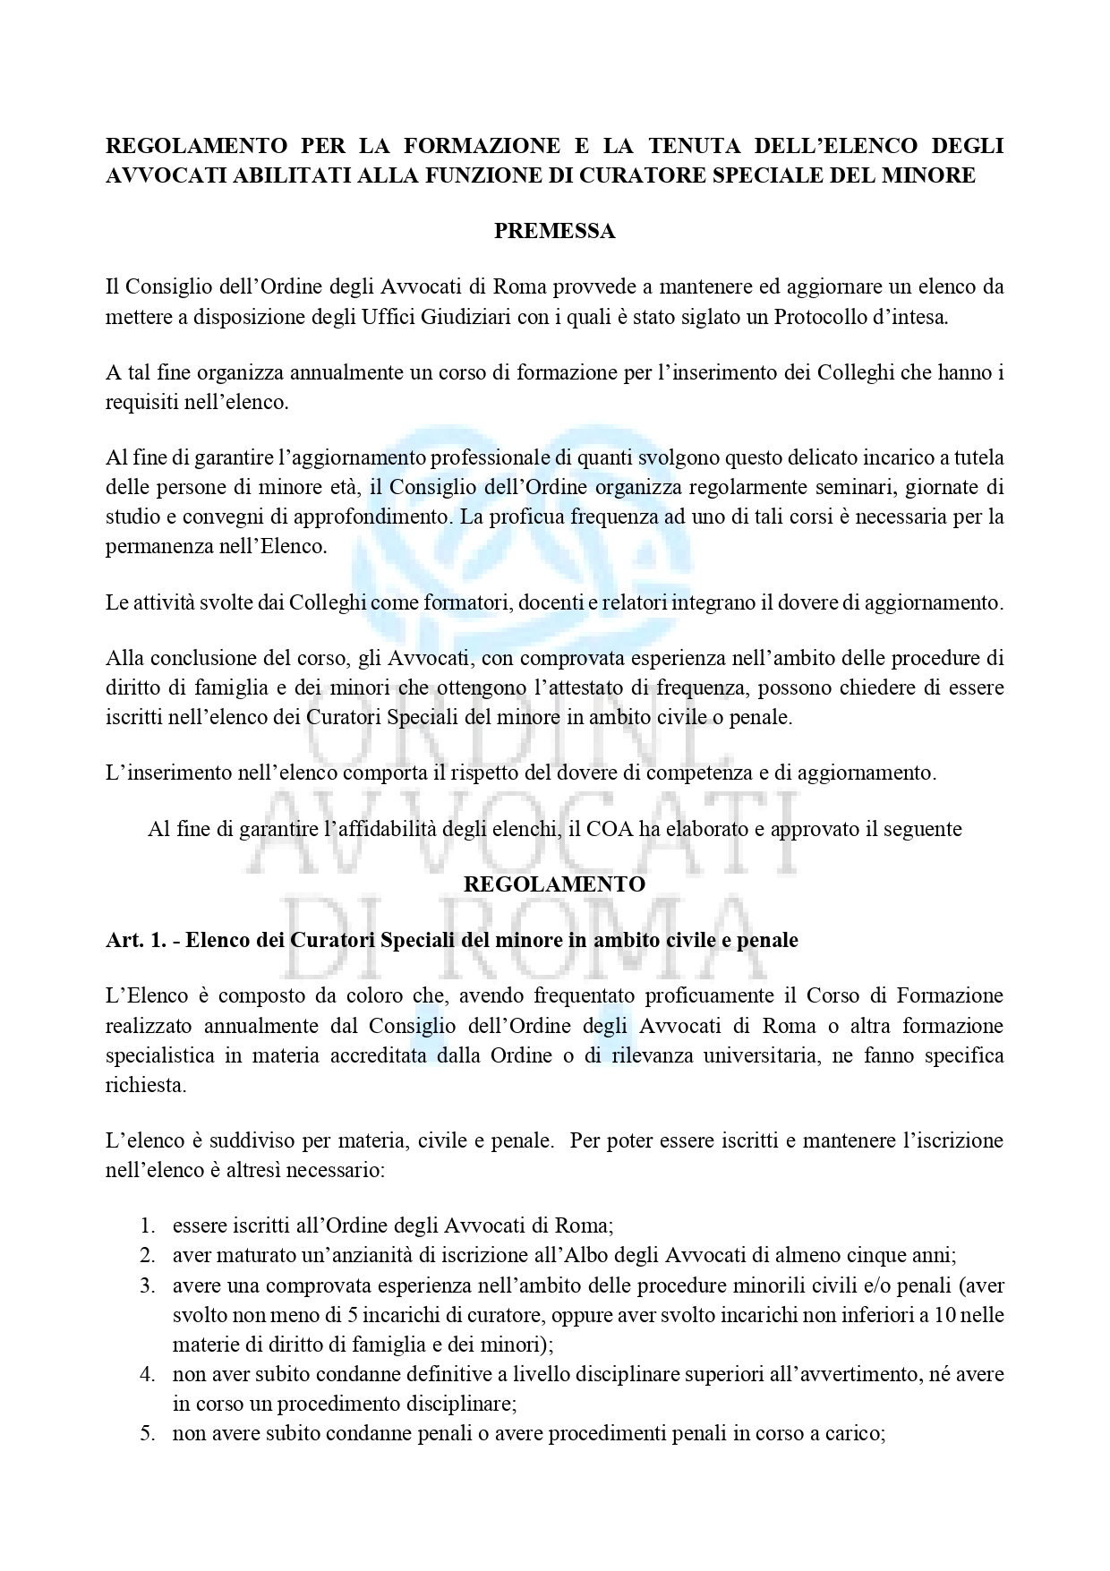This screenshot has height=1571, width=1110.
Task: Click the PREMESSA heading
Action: point(554,231)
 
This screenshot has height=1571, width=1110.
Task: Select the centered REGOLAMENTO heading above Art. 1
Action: point(554,884)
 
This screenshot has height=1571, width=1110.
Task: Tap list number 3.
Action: point(148,1286)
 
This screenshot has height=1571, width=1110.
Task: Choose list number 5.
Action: point(148,1433)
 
